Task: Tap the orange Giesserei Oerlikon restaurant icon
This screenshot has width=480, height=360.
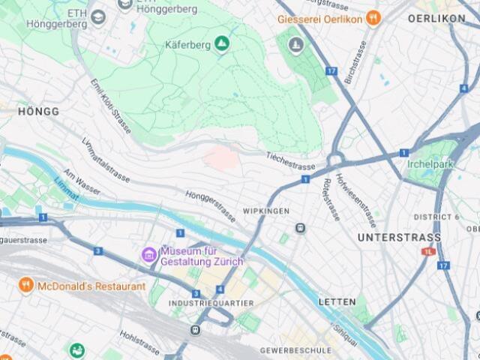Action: click(373, 19)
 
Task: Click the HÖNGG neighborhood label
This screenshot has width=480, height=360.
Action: click(37, 111)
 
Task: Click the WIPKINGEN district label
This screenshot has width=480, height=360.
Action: click(265, 211)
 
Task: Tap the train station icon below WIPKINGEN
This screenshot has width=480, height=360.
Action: click(300, 228)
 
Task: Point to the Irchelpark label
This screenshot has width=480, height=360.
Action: click(431, 164)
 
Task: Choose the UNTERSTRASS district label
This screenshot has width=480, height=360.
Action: click(399, 238)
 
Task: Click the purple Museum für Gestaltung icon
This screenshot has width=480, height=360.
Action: click(149, 255)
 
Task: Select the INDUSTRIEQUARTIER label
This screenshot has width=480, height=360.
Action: click(211, 303)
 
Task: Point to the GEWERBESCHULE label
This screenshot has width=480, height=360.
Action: click(295, 350)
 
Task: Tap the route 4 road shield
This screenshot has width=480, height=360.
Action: click(220, 289)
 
